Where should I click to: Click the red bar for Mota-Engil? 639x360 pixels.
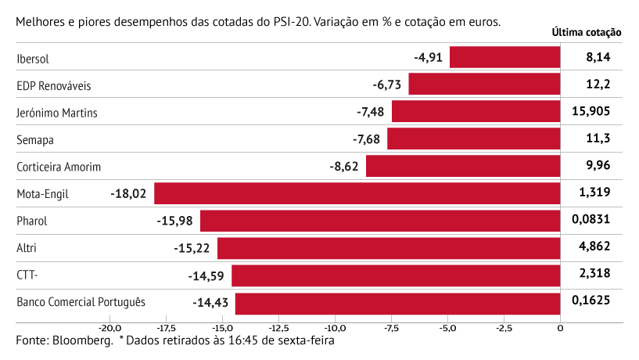pyautogui.click(x=357, y=193)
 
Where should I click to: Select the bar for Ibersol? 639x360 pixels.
pyautogui.click(x=505, y=57)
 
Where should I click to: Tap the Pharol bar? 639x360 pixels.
pyautogui.click(x=380, y=221)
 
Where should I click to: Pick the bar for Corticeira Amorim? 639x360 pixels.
pyautogui.click(x=463, y=166)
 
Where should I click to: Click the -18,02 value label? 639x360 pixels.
pyautogui.click(x=129, y=193)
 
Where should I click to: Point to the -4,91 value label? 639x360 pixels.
pyautogui.click(x=429, y=57)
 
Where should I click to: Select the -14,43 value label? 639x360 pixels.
pyautogui.click(x=210, y=302)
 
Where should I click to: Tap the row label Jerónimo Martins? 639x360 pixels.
pyautogui.click(x=57, y=112)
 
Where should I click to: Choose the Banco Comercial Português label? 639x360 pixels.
pyautogui.click(x=81, y=302)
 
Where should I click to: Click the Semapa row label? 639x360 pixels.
pyautogui.click(x=35, y=139)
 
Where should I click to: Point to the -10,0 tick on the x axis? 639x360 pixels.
pyautogui.click(x=335, y=328)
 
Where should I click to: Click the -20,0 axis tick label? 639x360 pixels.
pyautogui.click(x=109, y=328)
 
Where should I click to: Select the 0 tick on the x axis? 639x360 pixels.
pyautogui.click(x=560, y=328)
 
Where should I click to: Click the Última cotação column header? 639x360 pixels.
pyautogui.click(x=586, y=33)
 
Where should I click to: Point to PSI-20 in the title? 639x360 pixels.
pyautogui.click(x=289, y=20)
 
